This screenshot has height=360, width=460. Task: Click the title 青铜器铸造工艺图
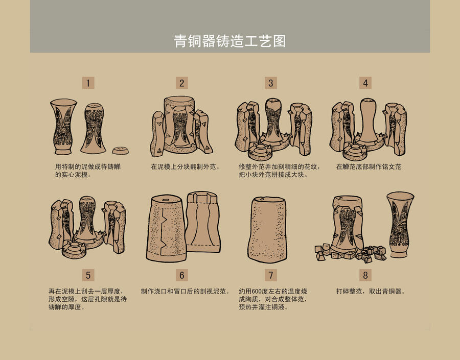pos(229,41)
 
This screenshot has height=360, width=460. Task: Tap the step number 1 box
pos(88,83)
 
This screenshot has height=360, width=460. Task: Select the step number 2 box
pos(181,83)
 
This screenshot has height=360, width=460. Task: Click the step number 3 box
pos(271,83)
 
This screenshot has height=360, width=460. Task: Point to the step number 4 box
pos(365,83)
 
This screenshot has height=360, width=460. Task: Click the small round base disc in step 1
pos(121,150)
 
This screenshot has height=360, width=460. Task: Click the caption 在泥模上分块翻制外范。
pos(185,166)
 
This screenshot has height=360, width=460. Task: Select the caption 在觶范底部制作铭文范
pos(369,166)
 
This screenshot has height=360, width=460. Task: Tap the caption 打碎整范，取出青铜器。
pos(371,292)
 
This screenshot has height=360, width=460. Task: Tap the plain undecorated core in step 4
pos(368,123)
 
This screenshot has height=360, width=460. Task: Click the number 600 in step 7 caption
pos(257,292)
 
